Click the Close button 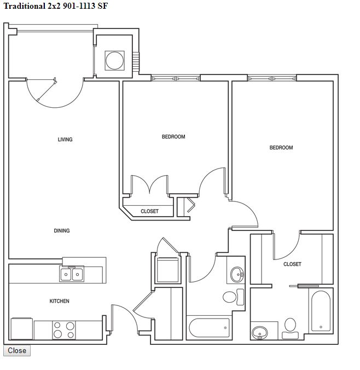pyautogui.click(x=17, y=350)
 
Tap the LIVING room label pyautogui.click(x=65, y=140)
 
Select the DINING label pyautogui.click(x=62, y=230)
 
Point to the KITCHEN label pyautogui.click(x=60, y=301)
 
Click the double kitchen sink pyautogui.click(x=72, y=274)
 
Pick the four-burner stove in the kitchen pyautogui.click(x=64, y=330)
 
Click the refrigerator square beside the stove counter pyautogui.click(x=22, y=329)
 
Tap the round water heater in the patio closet pyautogui.click(x=115, y=60)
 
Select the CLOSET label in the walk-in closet pyautogui.click(x=292, y=264)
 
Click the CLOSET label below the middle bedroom pyautogui.click(x=149, y=211)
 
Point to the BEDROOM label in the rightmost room pyautogui.click(x=281, y=147)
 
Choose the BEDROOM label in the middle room pyautogui.click(x=173, y=137)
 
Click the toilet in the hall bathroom pyautogui.click(x=233, y=297)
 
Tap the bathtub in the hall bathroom pyautogui.click(x=209, y=328)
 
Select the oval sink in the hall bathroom pyautogui.click(x=237, y=274)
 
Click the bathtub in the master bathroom pyautogui.click(x=321, y=311)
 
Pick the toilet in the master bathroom pyautogui.click(x=290, y=328)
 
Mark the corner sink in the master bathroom pyautogui.click(x=260, y=333)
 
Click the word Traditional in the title pyautogui.click(x=25, y=6)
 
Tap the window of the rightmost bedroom pyautogui.click(x=272, y=78)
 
